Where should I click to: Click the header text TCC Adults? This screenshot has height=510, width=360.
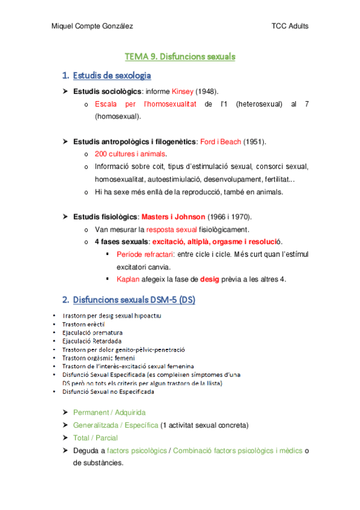[290, 26]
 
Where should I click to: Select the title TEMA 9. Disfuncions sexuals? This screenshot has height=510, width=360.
[180, 57]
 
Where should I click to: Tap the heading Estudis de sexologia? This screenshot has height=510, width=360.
[111, 76]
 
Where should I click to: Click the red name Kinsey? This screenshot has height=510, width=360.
[183, 91]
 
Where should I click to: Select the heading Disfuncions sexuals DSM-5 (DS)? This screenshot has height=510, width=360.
[133, 300]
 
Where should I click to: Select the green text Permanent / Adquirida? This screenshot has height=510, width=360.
[109, 413]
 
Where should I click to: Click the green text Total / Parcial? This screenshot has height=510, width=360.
[95, 438]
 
